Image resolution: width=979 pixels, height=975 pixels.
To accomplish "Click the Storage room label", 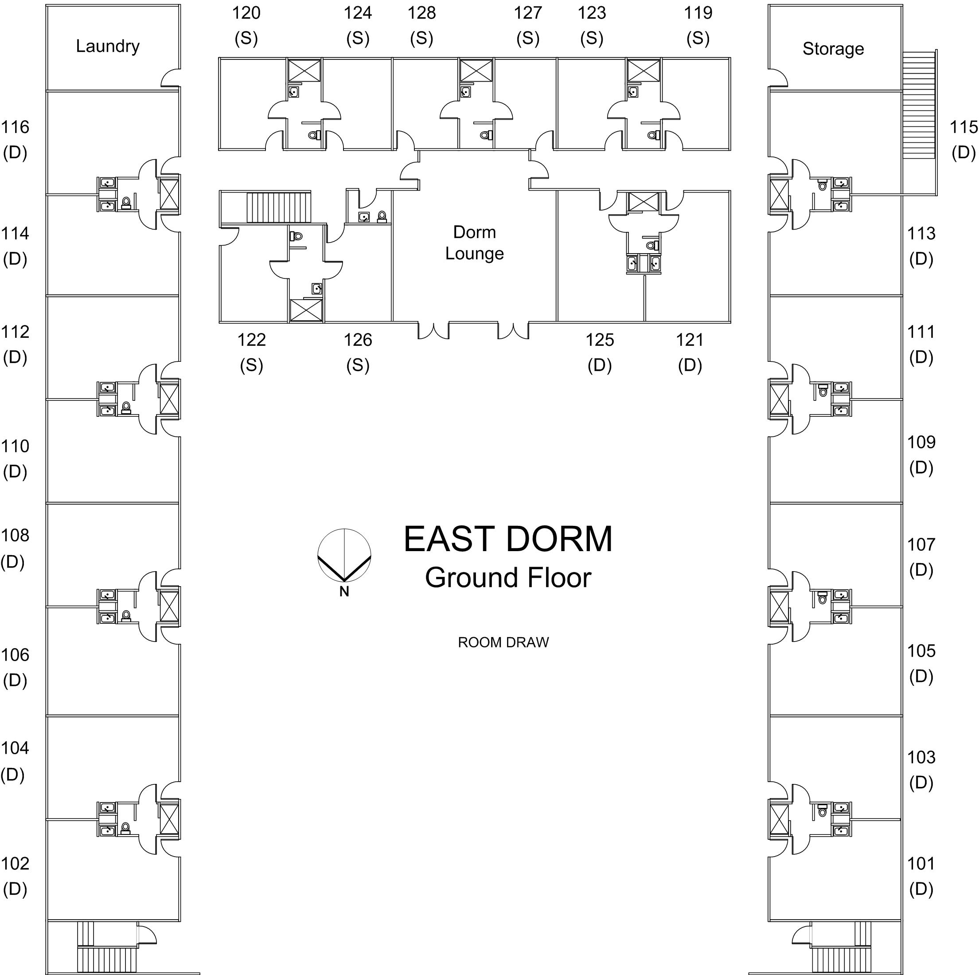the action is coord(833,49).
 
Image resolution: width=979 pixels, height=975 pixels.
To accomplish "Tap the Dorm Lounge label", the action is coord(474,243).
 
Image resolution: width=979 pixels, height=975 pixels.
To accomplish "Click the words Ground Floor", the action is coord(508,577).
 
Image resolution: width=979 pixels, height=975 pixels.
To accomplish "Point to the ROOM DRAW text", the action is coord(503,642).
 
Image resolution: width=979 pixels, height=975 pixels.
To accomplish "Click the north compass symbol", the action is coord(344,555).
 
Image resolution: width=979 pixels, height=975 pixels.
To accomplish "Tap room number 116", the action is coord(15,127).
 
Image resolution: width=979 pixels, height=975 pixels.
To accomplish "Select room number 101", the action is coord(921,863).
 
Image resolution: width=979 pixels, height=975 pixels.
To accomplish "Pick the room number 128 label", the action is coord(421,13).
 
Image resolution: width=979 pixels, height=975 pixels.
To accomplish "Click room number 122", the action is coord(251,340).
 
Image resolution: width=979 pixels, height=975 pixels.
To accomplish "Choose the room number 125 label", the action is coord(600,340).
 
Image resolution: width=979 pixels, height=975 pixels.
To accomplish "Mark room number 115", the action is coord(963,127).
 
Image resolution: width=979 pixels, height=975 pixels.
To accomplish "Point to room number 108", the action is coord(15,536).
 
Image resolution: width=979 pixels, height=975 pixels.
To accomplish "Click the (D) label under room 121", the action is coord(690,365).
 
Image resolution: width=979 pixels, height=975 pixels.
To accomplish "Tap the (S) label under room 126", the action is coord(358,365).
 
